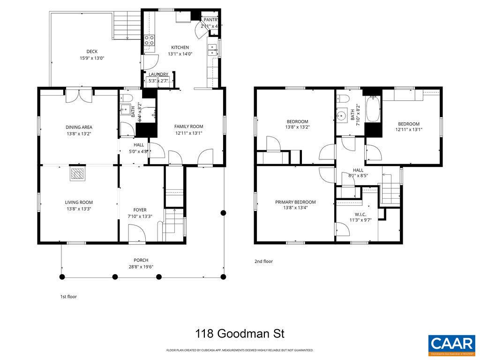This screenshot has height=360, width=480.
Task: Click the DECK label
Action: point(91,52)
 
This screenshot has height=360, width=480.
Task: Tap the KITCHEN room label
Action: point(180,47)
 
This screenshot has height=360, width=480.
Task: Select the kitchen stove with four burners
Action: point(149,40)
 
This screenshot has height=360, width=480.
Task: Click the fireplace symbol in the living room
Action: point(77,174)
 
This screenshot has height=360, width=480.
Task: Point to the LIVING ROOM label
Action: point(79,202)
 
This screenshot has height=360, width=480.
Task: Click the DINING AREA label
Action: point(79,127)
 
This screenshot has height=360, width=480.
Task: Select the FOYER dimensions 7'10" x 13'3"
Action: point(140,216)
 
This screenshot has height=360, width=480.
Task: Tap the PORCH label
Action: point(141,260)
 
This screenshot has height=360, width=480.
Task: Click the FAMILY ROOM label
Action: point(188,127)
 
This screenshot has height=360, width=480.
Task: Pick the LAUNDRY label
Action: point(158,75)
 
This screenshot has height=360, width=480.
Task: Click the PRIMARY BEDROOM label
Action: point(295,202)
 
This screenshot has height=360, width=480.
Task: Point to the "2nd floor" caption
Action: point(263,262)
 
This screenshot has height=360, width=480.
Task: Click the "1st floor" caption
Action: point(68,297)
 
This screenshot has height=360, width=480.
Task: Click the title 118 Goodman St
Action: point(240,334)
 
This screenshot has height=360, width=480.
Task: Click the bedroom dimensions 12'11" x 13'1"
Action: point(409,130)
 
